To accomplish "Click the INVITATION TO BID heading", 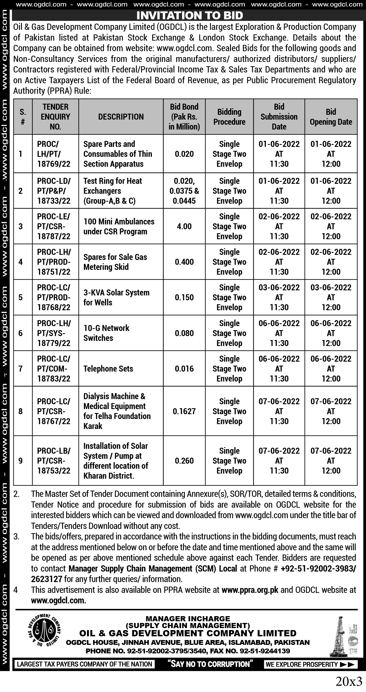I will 190,15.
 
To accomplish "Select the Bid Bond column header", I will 184,117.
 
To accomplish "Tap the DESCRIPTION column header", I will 121,117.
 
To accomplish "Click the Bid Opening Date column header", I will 331,117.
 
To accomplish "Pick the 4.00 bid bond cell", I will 184,226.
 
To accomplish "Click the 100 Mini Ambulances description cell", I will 119,226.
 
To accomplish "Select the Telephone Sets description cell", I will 108,369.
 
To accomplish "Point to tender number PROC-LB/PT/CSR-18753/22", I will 54,461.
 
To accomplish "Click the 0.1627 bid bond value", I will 184,411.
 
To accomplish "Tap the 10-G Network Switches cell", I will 106,333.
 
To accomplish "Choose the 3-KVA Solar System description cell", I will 116,297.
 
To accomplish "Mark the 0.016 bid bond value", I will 184,369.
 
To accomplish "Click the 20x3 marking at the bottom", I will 349,681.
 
